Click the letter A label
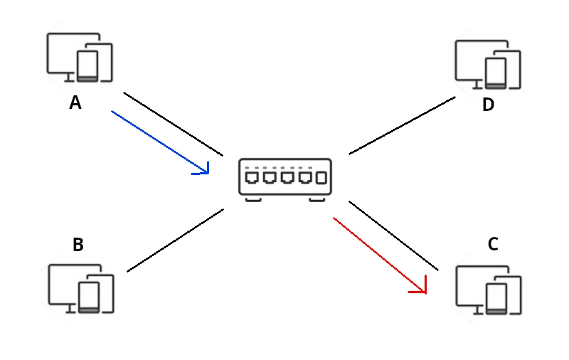point(75,103)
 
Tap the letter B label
point(78,245)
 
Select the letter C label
point(493,245)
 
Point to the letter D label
point(488,105)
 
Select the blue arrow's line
point(156,140)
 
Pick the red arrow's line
point(377,253)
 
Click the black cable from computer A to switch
point(174,125)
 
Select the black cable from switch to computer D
point(402,125)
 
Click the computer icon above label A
point(79,58)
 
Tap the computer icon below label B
point(80,288)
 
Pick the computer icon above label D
point(488,65)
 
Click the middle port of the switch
point(287,177)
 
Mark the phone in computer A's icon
point(88,66)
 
